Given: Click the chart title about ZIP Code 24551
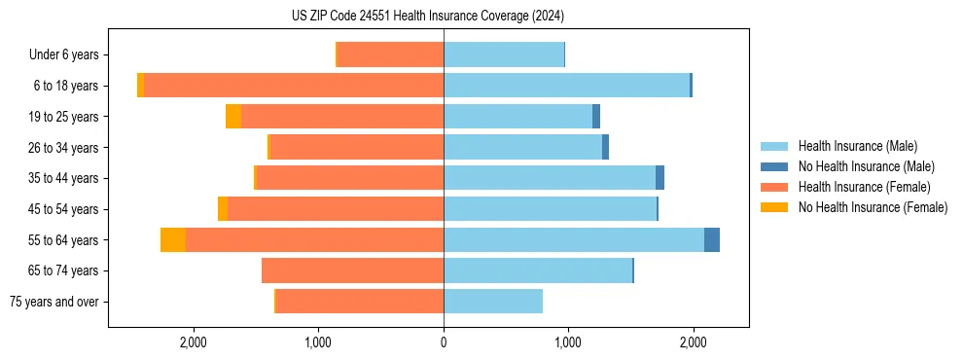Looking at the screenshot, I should click(x=428, y=17).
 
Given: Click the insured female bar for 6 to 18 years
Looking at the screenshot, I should click(x=292, y=86).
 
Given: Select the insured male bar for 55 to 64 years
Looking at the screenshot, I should click(x=574, y=239).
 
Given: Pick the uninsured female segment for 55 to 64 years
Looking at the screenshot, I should click(x=173, y=239).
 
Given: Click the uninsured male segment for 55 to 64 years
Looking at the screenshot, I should click(x=712, y=239).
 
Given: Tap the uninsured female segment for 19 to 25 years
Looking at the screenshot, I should click(x=233, y=117).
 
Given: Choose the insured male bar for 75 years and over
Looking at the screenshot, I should click(x=493, y=302).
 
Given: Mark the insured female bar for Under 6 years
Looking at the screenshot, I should click(x=390, y=55).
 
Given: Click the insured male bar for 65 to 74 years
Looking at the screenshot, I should click(x=538, y=270).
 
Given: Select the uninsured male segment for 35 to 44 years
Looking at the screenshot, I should click(x=660, y=178).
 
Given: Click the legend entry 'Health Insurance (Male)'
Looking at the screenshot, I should click(x=857, y=146).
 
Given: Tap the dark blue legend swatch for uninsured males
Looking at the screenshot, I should click(x=774, y=166).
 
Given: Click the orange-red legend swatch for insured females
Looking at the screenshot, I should click(x=774, y=187).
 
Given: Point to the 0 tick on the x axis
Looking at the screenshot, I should click(x=444, y=342).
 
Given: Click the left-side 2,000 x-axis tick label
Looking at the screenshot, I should click(x=194, y=342).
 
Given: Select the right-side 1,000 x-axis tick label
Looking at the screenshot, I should click(x=568, y=342).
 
